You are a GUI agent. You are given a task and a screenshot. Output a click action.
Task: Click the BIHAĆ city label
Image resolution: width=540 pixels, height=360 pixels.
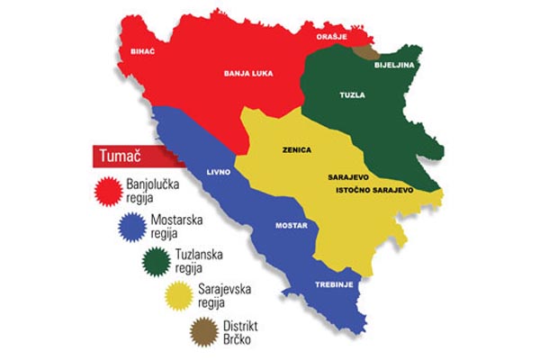(144, 53)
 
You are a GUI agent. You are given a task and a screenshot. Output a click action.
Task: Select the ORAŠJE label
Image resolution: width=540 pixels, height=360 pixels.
(332, 37)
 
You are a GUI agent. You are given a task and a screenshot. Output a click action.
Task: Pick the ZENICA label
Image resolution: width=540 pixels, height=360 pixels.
(296, 153)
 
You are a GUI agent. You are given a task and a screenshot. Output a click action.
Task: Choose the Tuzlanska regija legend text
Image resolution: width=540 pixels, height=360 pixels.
(199, 261)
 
